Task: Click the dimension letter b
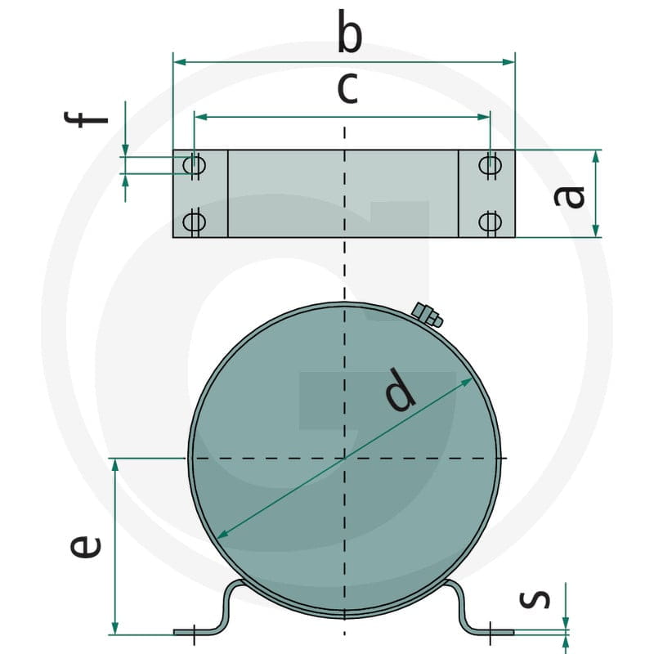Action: [350, 31]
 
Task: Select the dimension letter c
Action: [347, 88]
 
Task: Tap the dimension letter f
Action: [87, 119]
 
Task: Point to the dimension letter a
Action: [569, 196]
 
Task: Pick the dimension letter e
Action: [86, 547]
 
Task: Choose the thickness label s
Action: [535, 598]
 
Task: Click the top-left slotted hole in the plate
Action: [195, 165]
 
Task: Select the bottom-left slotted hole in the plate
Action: [195, 222]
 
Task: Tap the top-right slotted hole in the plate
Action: [490, 165]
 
